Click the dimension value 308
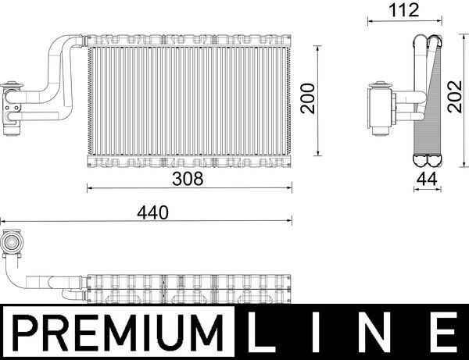188,178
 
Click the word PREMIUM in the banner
122,333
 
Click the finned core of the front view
188,100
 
